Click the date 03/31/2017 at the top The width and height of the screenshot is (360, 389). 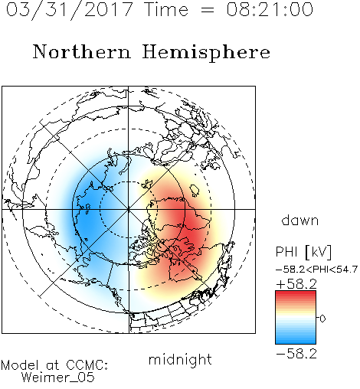point(70,10)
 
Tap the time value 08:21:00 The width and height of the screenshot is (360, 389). point(270,9)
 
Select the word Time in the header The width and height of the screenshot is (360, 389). point(166,9)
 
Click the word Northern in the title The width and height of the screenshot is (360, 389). point(82,51)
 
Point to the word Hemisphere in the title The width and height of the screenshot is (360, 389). point(206,53)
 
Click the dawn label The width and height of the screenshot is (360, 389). point(300,220)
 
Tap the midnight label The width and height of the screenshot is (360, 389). point(180,360)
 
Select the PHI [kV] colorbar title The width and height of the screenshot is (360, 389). point(303,252)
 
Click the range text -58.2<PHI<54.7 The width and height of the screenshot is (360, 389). point(316,270)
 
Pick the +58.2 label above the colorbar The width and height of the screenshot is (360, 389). point(296,284)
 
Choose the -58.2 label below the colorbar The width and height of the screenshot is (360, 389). point(296,354)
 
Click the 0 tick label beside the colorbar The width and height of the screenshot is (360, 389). point(322,319)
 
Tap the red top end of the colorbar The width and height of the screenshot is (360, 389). point(296,293)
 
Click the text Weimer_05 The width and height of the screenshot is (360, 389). point(58,378)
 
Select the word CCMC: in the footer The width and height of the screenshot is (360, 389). point(87,365)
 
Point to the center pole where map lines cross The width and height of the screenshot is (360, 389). point(129,209)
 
